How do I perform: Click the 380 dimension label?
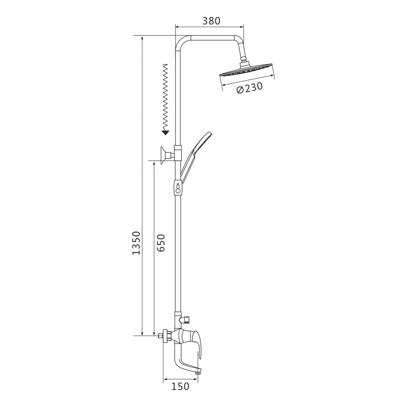(211, 21)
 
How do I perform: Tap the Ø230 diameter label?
(249, 88)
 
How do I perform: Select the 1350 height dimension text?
(136, 243)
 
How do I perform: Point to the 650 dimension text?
(161, 243)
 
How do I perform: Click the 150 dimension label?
(180, 386)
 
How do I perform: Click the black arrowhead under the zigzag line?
(165, 133)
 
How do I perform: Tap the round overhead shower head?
(247, 70)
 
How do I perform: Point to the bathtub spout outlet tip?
(199, 373)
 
